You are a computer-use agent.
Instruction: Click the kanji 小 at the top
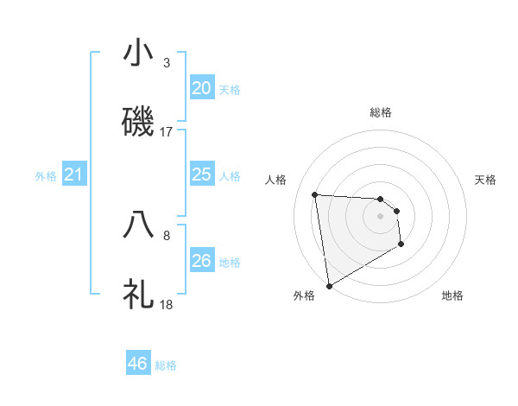tap(138, 54)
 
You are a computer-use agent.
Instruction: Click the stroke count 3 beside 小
tap(167, 63)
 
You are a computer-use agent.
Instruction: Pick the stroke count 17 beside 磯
tap(167, 131)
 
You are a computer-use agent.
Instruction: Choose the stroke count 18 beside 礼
tap(167, 304)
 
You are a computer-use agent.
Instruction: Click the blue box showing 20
tap(201, 88)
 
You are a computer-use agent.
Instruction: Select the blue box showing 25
tap(201, 174)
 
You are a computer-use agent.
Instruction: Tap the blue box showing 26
tap(201, 261)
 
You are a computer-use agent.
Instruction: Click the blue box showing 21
tap(73, 175)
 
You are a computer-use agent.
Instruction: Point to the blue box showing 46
tap(137, 364)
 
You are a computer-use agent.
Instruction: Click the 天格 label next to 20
tap(230, 90)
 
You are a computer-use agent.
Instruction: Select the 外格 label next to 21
tap(46, 176)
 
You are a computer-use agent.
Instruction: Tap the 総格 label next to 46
tap(166, 365)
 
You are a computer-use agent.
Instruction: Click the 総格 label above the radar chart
tap(381, 112)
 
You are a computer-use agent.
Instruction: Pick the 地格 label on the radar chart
tap(452, 295)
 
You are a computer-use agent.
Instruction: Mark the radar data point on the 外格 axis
tap(329, 285)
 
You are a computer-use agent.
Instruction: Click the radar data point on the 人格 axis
tap(315, 194)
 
